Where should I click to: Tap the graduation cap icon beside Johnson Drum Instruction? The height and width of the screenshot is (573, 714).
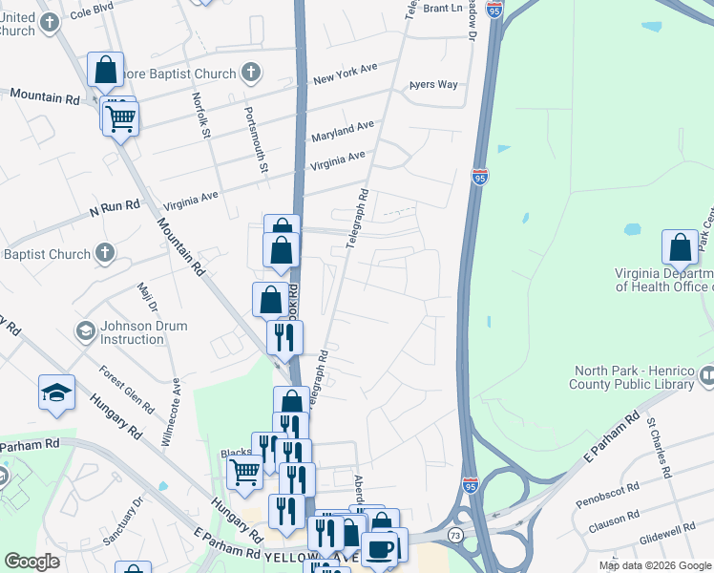(x=85, y=331)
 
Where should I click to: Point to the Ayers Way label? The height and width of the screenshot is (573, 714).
(x=433, y=85)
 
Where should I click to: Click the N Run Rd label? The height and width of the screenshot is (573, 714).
(x=115, y=206)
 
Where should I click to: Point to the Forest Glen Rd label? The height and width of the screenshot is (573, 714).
(x=127, y=389)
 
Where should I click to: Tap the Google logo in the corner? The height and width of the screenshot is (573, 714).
(x=32, y=562)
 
